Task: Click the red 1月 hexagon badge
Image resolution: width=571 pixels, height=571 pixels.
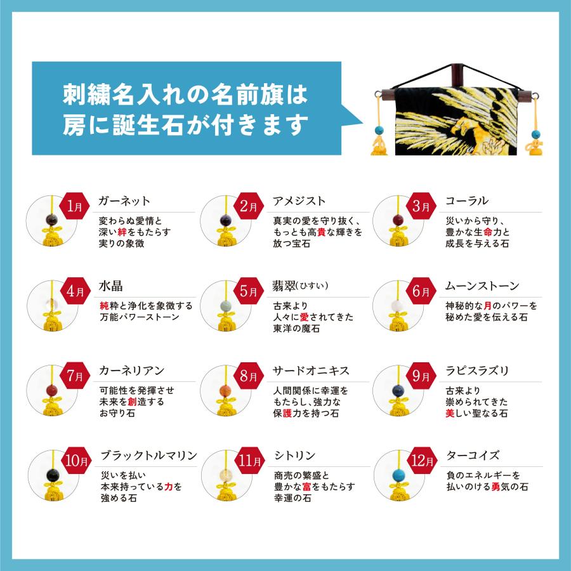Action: [74, 206]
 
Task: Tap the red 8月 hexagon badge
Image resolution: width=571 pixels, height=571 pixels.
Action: [249, 376]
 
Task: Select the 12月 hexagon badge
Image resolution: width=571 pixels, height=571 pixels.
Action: [422, 461]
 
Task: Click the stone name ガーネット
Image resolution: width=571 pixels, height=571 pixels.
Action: [124, 200]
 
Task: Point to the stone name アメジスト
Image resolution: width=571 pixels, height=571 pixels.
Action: [299, 200]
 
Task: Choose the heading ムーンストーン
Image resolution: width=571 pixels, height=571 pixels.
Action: [482, 286]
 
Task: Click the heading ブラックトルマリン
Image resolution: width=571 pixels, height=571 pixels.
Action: [149, 455]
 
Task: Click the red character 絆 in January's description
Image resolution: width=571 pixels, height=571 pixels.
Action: [122, 232]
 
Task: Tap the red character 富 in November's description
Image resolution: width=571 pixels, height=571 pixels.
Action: [306, 487]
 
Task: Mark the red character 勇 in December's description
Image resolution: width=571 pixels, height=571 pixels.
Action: [496, 487]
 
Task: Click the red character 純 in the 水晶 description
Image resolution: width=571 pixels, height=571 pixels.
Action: [104, 306]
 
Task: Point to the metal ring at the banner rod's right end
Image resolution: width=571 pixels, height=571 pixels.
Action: [535, 97]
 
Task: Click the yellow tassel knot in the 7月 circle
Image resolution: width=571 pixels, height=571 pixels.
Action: [53, 407]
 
